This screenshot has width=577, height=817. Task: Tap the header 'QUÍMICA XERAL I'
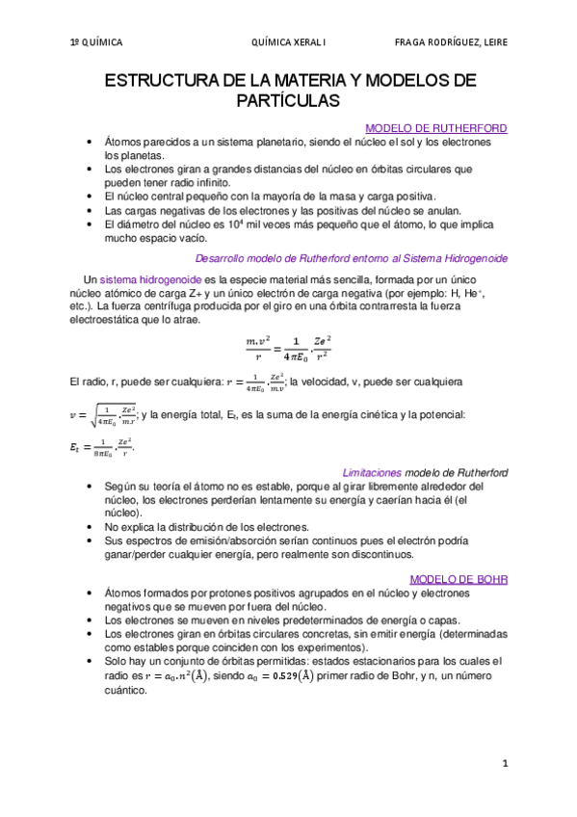(x=289, y=42)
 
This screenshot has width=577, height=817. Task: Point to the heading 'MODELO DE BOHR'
(x=459, y=579)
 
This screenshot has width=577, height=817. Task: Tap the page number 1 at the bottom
(x=504, y=763)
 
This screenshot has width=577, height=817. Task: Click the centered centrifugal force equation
(x=289, y=350)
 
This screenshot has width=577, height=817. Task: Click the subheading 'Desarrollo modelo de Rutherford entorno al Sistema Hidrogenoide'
(x=351, y=258)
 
